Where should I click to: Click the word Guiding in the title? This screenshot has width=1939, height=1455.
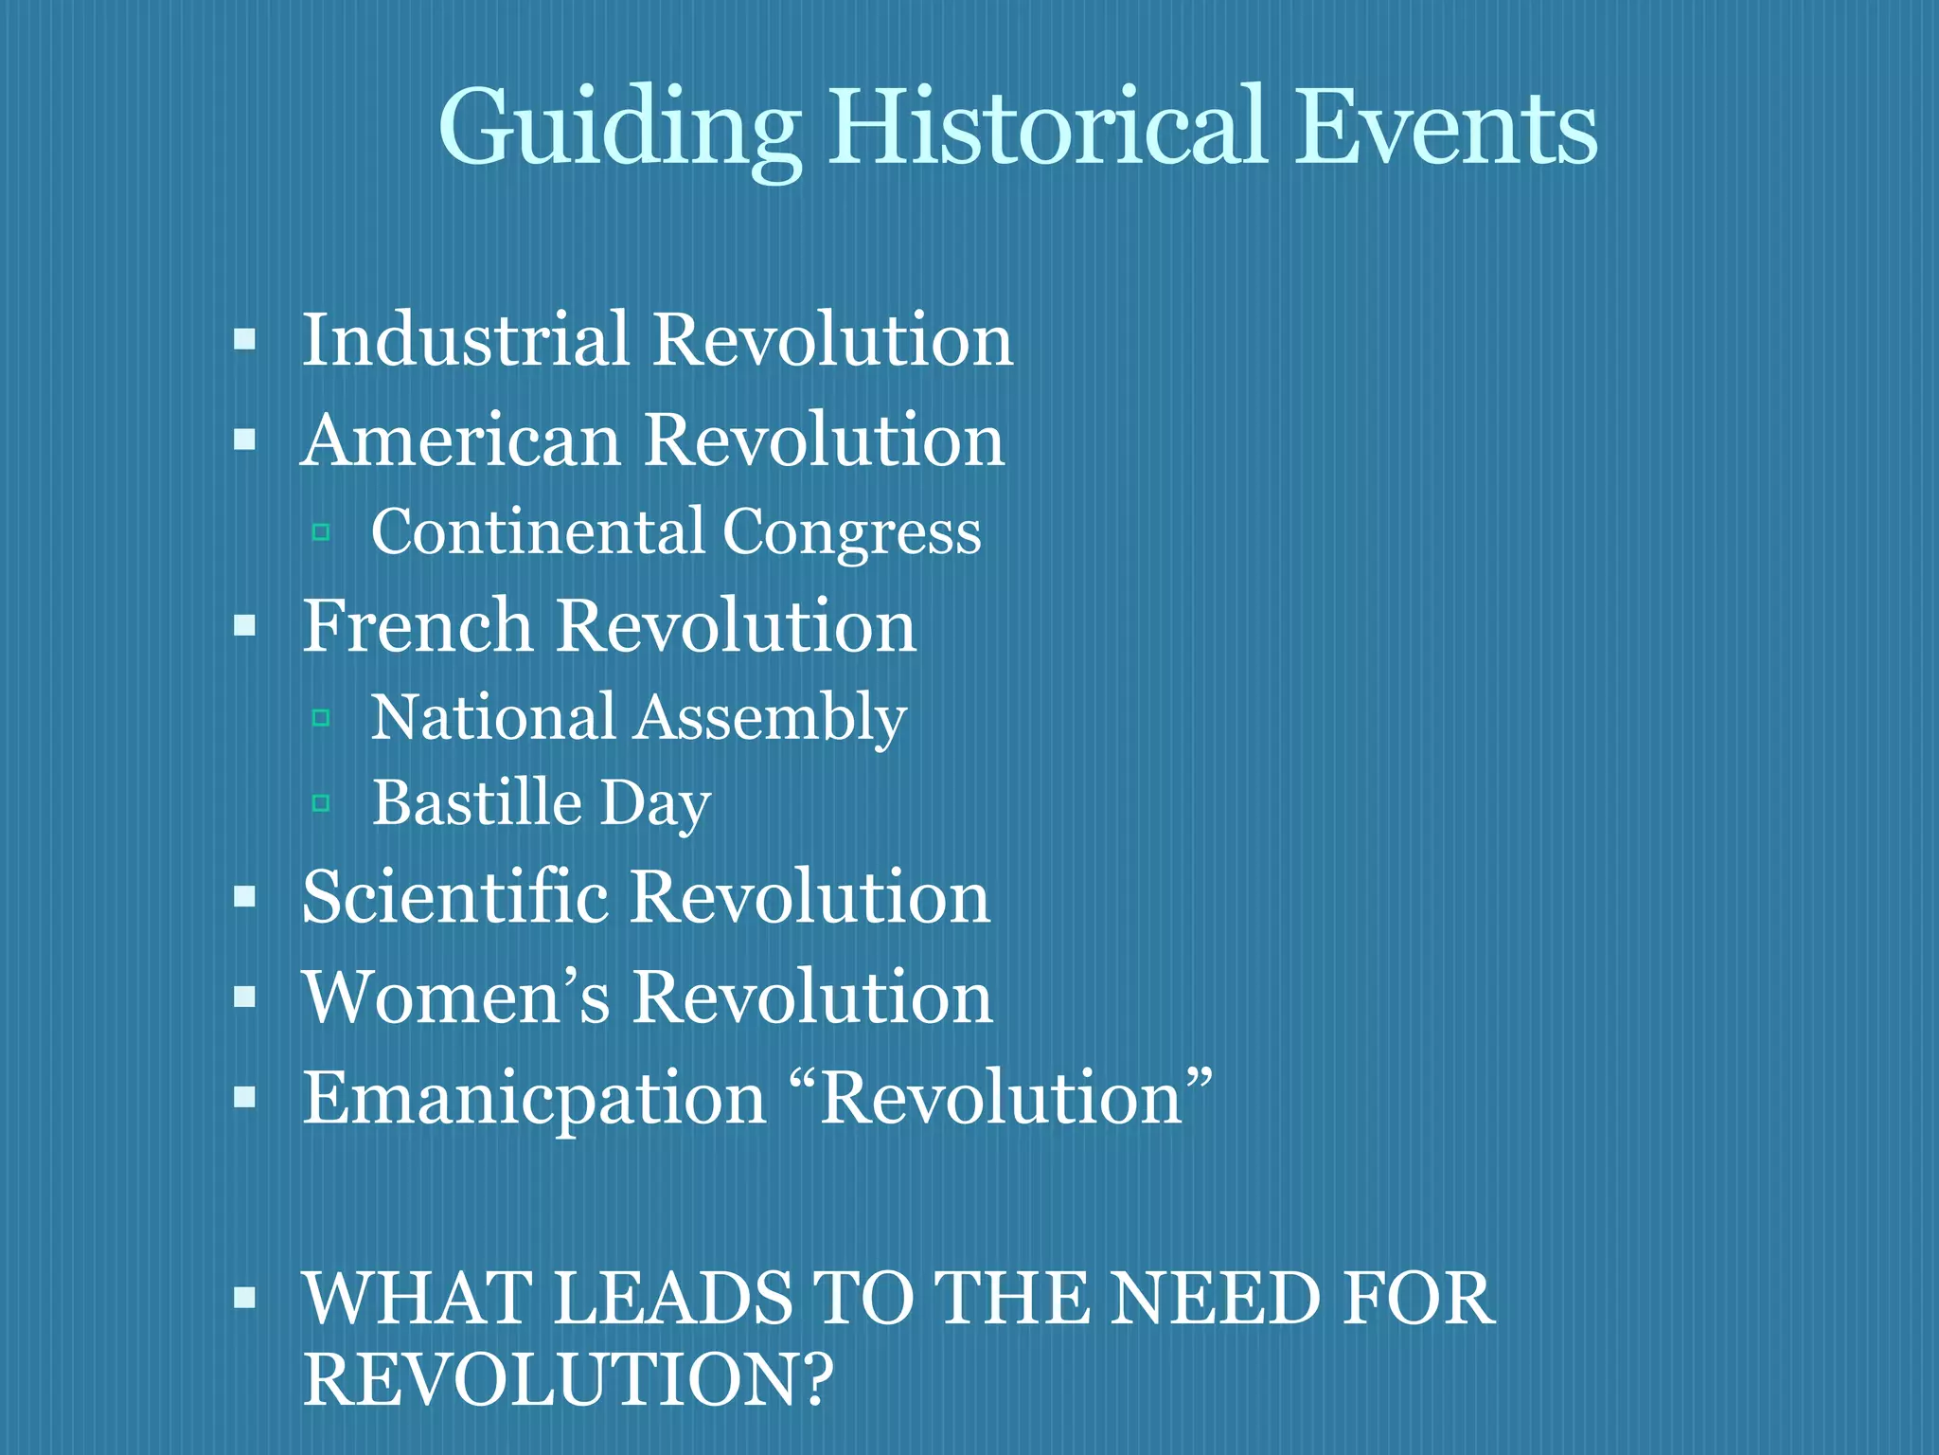(x=619, y=129)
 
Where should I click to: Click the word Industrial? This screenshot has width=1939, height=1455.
(x=465, y=339)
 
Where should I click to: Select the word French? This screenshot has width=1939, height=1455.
(x=418, y=626)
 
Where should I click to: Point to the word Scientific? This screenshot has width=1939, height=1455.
(x=455, y=897)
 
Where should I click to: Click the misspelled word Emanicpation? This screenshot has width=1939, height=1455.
(x=534, y=1100)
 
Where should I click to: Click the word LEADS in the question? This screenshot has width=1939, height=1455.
(x=672, y=1299)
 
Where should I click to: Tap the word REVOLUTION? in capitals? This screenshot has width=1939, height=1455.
(x=568, y=1379)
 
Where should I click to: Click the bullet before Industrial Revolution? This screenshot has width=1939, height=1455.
(x=245, y=339)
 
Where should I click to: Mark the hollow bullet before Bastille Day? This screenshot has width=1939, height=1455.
(x=321, y=804)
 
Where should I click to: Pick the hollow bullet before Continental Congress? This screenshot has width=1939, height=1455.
(x=321, y=532)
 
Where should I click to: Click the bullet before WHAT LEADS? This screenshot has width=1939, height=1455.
(x=245, y=1297)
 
